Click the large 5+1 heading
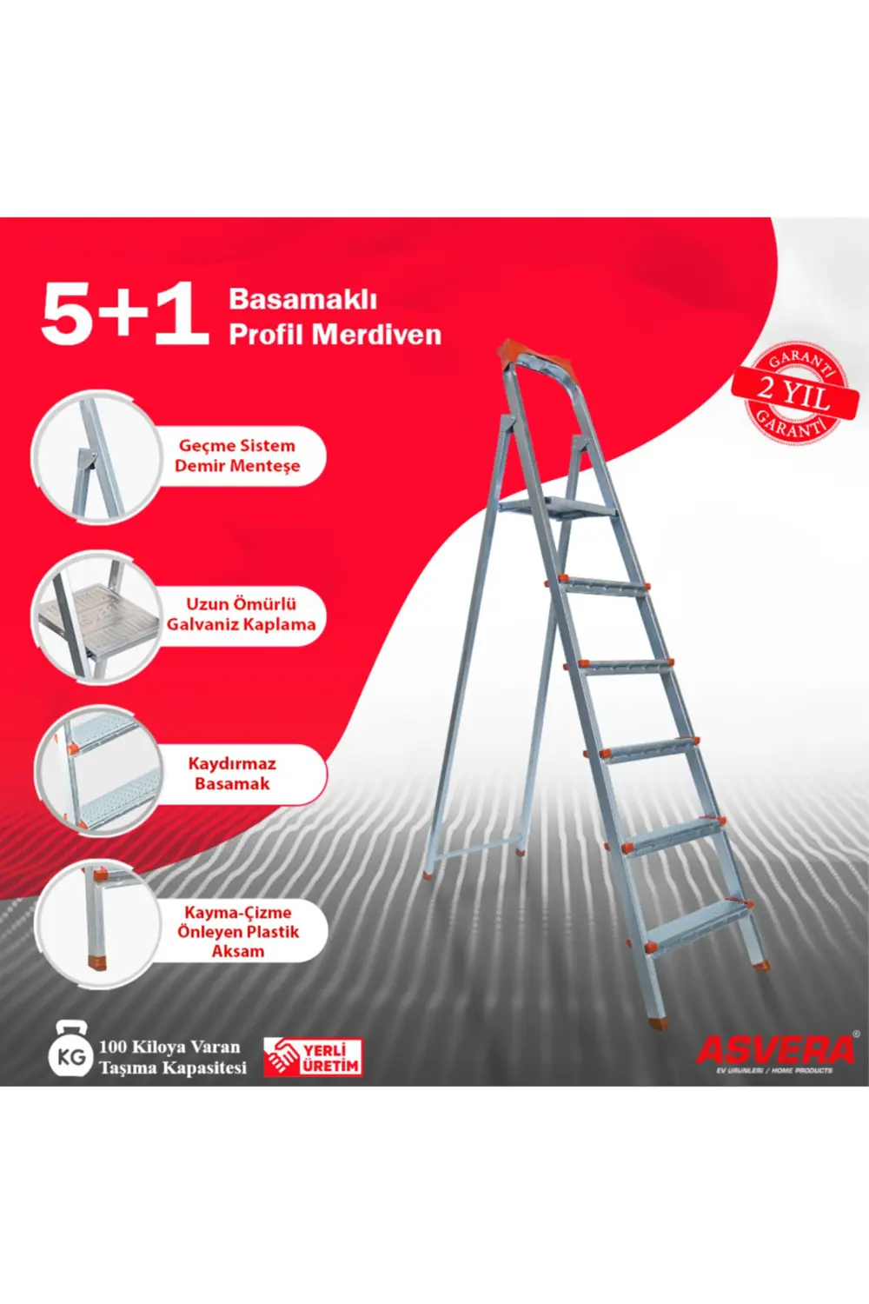point(124,314)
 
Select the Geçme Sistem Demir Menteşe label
point(236,456)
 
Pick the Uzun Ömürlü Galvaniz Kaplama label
point(241,614)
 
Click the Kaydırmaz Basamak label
point(232,774)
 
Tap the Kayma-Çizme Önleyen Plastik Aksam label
point(238,931)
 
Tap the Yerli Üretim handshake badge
point(313,1057)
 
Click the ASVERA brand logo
point(775,1050)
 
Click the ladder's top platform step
point(556,509)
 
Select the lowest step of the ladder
point(700,918)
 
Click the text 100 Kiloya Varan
point(169,1047)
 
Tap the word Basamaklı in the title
point(302,299)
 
